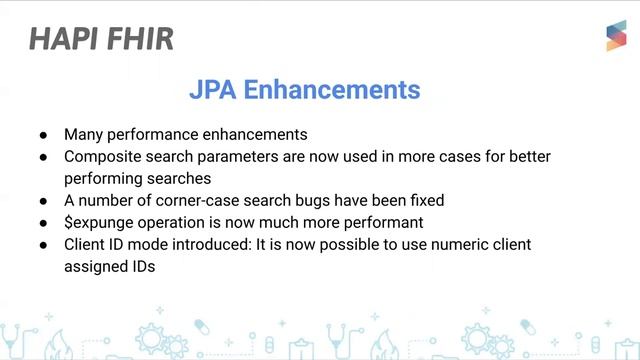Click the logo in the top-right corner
[x=615, y=36]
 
